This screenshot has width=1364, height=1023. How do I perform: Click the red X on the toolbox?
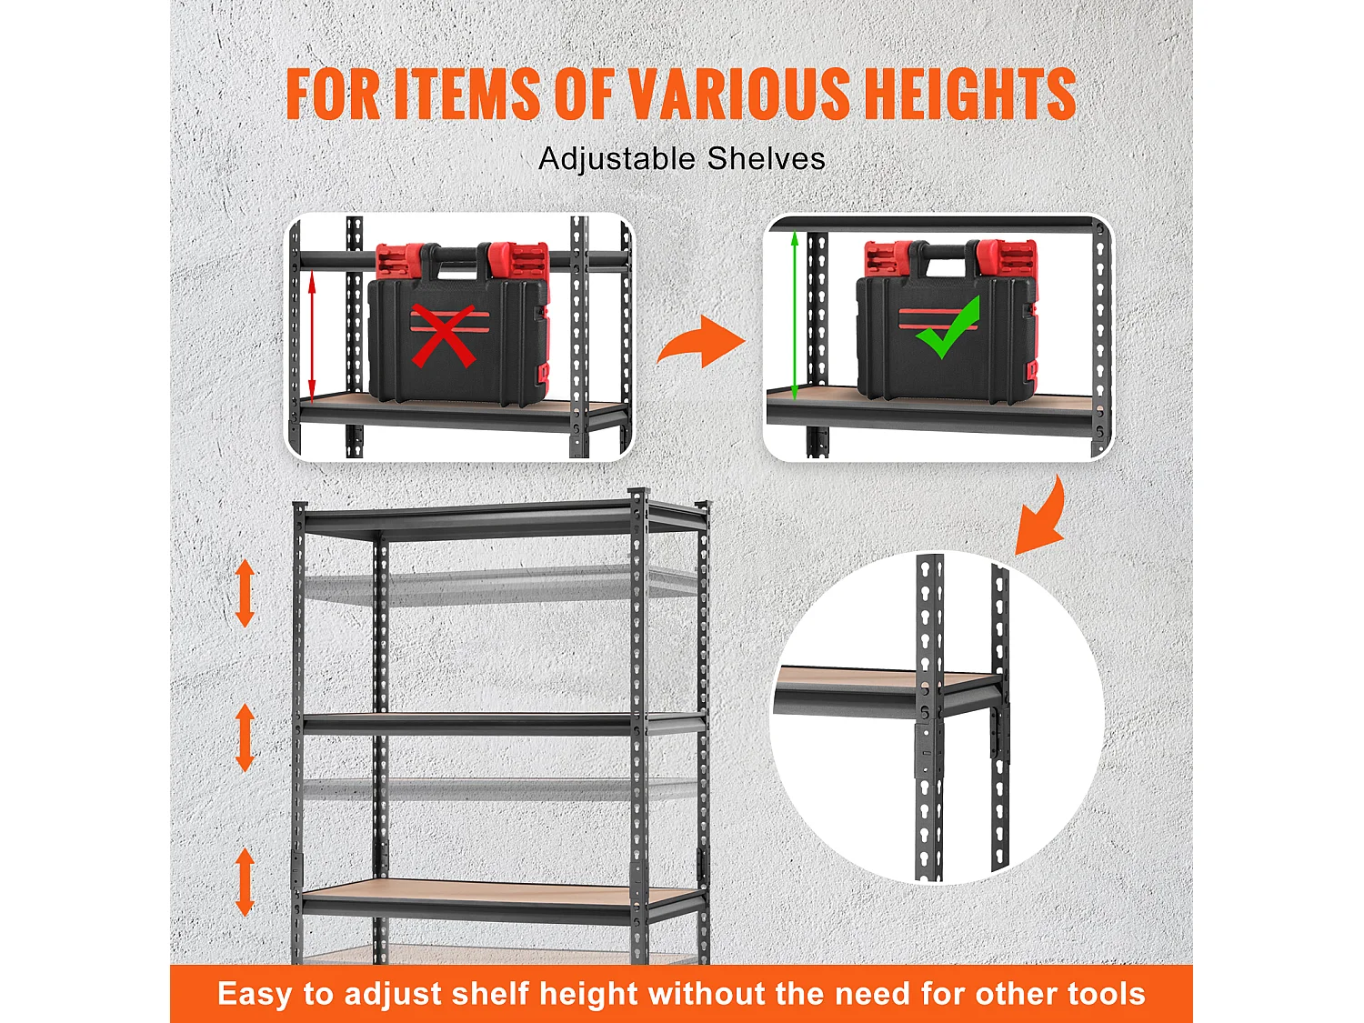point(443,336)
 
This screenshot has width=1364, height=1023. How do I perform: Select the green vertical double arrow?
point(794,316)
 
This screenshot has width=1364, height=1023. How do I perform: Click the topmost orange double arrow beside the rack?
point(245,593)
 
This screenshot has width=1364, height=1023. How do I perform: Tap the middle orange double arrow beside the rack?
point(245,737)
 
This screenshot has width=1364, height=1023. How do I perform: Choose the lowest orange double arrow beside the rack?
point(245,882)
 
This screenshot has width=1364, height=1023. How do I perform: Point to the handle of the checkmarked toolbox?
point(943,255)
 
